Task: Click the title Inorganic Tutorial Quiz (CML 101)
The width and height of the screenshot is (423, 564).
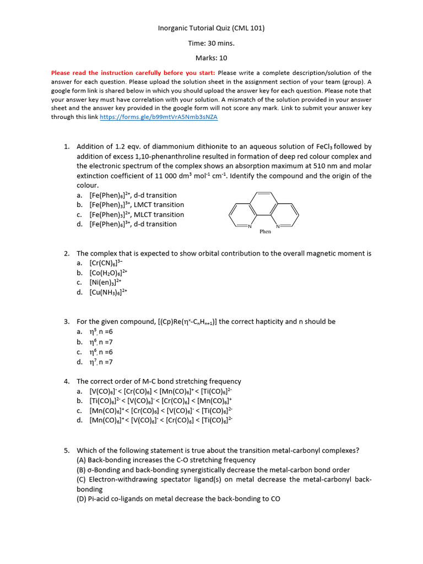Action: (x=211, y=28)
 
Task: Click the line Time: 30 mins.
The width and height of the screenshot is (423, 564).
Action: (x=211, y=43)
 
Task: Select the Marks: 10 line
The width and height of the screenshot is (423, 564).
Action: (x=211, y=58)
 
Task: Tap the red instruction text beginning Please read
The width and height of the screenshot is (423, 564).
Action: (x=134, y=73)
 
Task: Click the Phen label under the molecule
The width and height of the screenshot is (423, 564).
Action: (x=265, y=232)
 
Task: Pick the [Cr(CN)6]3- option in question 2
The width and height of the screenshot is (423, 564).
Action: (x=108, y=263)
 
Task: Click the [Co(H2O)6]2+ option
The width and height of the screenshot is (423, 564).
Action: (x=109, y=273)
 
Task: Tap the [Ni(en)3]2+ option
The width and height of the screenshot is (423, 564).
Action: (x=105, y=283)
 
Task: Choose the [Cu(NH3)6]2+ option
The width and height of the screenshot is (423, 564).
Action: (x=109, y=292)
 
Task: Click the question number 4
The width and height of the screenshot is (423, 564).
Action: (x=67, y=382)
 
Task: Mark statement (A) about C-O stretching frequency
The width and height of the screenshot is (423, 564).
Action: (x=166, y=460)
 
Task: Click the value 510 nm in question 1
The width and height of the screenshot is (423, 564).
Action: (x=308, y=166)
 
